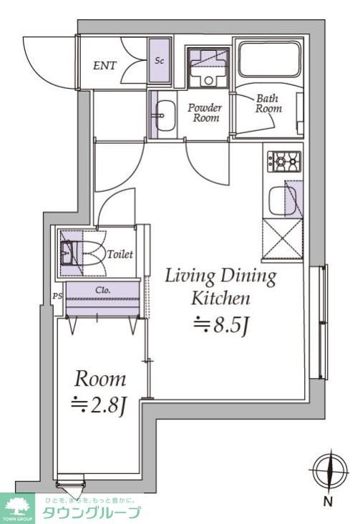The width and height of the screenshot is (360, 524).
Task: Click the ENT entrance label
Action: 106,66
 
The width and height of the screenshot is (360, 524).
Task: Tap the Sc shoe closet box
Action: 160,61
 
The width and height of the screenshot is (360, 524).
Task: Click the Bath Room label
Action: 269,104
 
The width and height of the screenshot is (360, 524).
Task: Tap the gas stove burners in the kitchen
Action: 284,162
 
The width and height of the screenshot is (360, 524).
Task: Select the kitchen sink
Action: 284,202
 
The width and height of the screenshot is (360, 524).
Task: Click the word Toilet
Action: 120,254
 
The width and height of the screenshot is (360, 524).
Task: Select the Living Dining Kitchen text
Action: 220,286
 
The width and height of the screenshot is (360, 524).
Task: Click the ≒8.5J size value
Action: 221,326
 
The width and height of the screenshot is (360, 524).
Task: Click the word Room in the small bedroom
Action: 100,379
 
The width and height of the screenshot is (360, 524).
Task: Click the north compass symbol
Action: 327,470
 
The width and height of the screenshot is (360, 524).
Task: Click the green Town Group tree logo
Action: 17,507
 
